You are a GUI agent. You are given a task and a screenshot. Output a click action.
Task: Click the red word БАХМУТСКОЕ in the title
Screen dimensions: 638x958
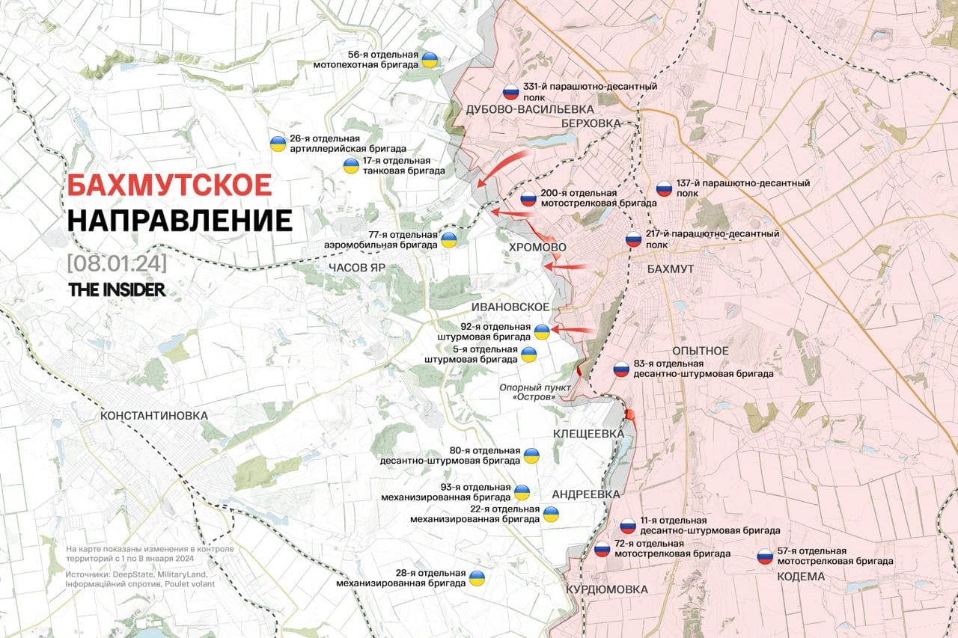[169, 185]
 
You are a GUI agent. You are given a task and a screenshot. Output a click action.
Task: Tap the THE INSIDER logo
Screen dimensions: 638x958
[117, 290]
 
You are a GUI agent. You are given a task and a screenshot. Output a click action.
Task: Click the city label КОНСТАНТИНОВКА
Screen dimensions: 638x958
[153, 415]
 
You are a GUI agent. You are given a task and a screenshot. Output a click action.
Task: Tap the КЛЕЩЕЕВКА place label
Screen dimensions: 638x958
[588, 434]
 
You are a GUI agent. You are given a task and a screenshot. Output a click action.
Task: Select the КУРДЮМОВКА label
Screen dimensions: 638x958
[607, 589]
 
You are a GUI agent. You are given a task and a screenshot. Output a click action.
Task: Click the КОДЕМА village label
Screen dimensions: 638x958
[801, 576]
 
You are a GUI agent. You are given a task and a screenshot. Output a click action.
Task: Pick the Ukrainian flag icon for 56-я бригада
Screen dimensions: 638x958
[430, 60]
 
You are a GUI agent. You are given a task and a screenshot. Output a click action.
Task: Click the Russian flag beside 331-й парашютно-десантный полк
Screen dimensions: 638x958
[510, 92]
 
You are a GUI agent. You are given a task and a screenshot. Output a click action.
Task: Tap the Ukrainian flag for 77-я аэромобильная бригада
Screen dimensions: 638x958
[449, 239]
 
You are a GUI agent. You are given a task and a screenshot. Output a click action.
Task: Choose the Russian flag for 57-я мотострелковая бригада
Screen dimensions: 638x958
[765, 556]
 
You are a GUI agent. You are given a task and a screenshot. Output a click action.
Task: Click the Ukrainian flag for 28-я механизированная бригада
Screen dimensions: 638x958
[477, 578]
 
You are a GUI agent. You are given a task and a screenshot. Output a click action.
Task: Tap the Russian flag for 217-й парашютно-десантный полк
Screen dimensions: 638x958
[634, 240]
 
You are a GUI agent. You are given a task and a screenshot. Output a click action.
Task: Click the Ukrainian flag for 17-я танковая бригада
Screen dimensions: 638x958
[350, 166]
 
